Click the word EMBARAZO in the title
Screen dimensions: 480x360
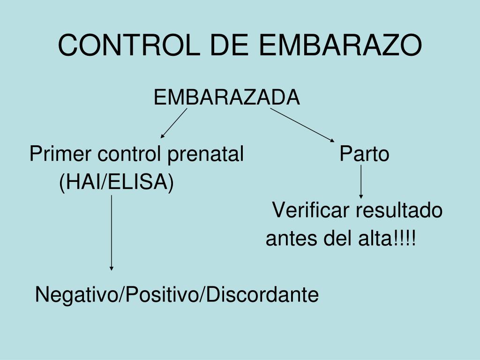[x=341, y=45]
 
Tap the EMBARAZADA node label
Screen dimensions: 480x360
[x=226, y=97]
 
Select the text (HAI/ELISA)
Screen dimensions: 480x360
[x=116, y=182]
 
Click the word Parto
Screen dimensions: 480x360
[x=365, y=154]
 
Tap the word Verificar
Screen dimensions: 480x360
[x=311, y=210]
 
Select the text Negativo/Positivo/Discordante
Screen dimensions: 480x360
[x=177, y=295]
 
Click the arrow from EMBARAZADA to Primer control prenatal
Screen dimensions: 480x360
[x=173, y=123]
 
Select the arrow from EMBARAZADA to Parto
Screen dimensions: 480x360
[x=303, y=125]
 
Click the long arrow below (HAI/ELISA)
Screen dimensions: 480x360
[x=112, y=232]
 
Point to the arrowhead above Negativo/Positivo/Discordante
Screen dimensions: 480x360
[x=112, y=268]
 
